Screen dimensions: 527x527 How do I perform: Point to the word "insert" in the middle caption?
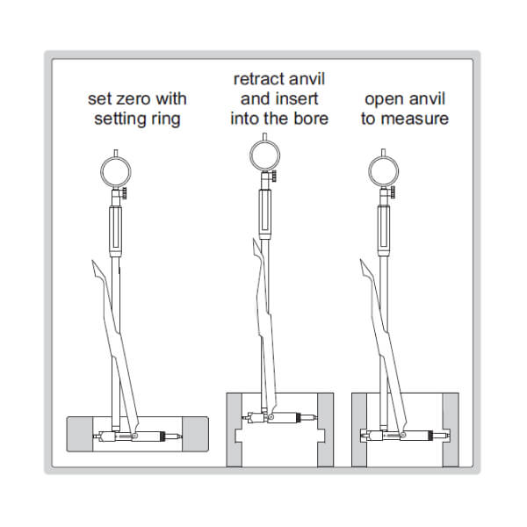pos(297,98)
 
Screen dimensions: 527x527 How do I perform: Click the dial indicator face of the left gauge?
pos(116,172)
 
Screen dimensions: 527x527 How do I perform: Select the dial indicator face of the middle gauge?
pos(265,155)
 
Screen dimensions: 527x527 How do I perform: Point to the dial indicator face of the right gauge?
pos(384,171)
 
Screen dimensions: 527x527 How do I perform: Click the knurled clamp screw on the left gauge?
pos(124,193)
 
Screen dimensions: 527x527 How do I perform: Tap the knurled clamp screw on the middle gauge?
pos(274,177)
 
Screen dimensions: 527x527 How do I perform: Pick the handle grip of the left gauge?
pos(116,232)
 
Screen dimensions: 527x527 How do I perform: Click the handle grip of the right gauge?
pos(384,231)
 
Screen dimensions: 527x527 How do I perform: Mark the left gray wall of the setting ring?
pos(80,434)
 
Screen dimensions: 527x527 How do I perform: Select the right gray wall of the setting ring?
pos(196,434)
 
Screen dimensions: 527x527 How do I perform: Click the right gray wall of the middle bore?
pos(326,430)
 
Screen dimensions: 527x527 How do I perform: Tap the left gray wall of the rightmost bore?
pos(359,430)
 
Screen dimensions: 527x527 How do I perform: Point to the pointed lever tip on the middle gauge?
pos(254,241)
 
